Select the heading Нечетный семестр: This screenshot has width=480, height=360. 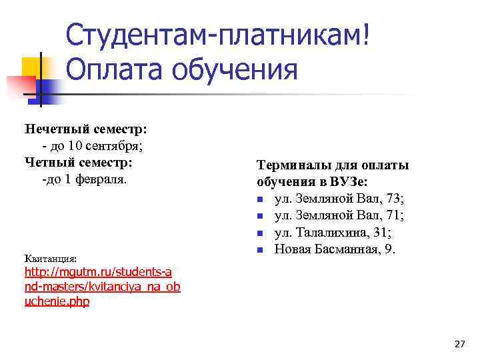click(x=86, y=128)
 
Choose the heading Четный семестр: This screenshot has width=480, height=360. click(x=79, y=162)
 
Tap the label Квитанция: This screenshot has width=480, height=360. click(x=51, y=258)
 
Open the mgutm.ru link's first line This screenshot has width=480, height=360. click(x=98, y=272)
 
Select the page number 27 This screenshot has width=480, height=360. click(x=459, y=344)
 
